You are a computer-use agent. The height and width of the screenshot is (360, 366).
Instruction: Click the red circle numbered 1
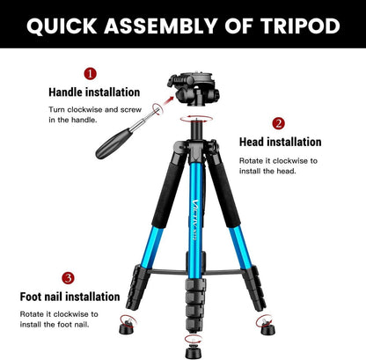click(x=90, y=74)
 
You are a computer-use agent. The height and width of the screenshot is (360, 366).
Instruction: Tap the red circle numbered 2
click(x=278, y=123)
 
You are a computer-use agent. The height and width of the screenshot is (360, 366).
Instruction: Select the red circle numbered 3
click(x=68, y=277)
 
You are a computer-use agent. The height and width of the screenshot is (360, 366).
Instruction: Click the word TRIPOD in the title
click(x=300, y=26)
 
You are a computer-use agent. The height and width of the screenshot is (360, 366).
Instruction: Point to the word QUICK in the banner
click(x=62, y=26)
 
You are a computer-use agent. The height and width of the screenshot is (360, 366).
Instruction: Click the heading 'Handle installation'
click(x=94, y=92)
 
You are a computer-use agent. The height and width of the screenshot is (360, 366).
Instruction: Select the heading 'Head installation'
click(x=281, y=142)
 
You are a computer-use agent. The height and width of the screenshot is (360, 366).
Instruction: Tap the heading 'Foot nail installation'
click(x=70, y=297)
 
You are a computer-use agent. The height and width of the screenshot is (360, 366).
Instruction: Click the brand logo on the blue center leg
click(x=195, y=220)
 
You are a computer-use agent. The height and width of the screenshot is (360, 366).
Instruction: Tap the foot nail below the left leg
click(x=128, y=326)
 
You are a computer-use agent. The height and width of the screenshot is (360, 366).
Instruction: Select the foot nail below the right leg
click(x=267, y=327)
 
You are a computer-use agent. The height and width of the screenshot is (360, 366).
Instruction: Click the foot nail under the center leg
click(x=193, y=349)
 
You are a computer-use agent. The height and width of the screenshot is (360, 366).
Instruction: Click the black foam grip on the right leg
click(x=224, y=191)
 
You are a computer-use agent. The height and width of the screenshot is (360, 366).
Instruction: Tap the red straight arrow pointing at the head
click(x=168, y=101)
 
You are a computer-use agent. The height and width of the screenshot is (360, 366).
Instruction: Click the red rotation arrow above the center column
click(x=196, y=119)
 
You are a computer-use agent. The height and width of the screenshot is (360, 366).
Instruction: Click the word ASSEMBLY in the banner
click(x=161, y=26)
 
